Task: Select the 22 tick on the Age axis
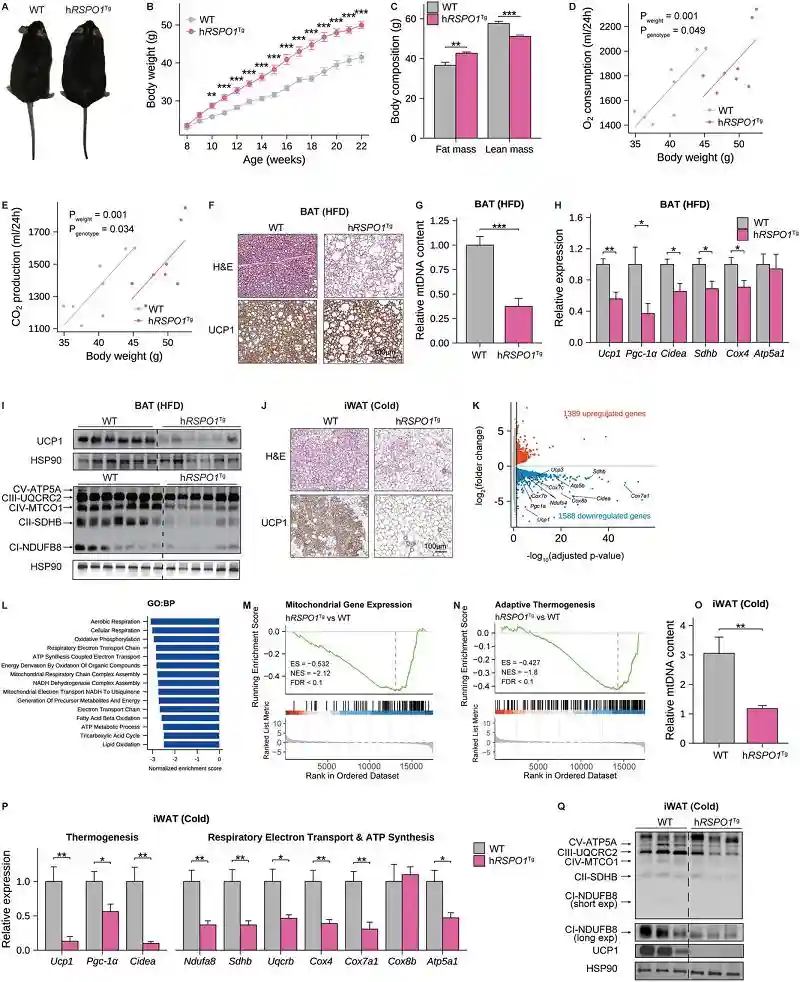pos(360,150)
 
